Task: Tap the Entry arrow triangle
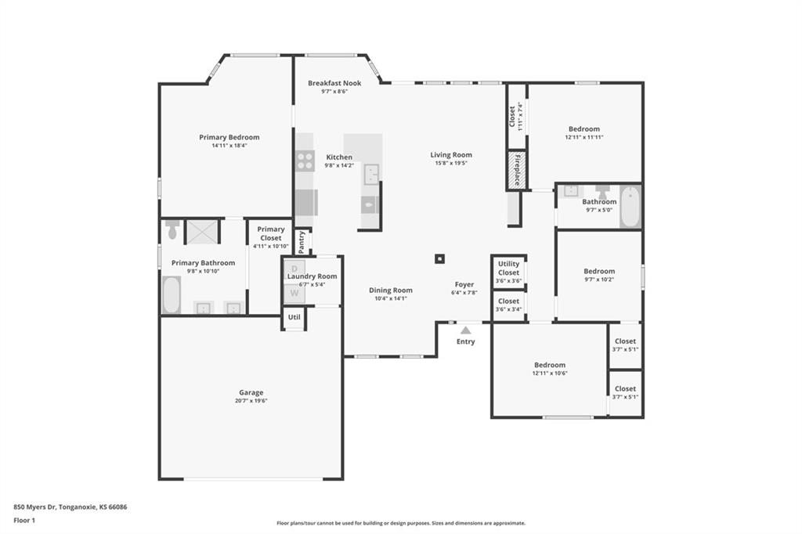click(x=465, y=330)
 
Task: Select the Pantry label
click(x=302, y=242)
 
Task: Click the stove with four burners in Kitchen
click(x=305, y=161)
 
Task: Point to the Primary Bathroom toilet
click(x=172, y=229)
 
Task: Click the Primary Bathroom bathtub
click(x=172, y=294)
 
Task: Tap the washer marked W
click(x=294, y=293)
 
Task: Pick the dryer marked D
click(x=294, y=269)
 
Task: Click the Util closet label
click(x=294, y=317)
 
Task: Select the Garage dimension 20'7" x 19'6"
click(x=251, y=401)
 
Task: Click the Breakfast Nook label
click(x=334, y=83)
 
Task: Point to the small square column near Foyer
click(x=439, y=259)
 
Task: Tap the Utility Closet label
click(x=508, y=268)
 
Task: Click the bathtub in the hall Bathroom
click(x=630, y=207)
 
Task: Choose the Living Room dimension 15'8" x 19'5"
click(x=451, y=163)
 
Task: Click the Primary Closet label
click(x=270, y=233)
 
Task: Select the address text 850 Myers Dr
click(x=34, y=507)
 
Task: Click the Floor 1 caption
click(x=24, y=520)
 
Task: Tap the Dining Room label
click(x=391, y=290)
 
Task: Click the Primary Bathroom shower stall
click(x=201, y=232)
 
